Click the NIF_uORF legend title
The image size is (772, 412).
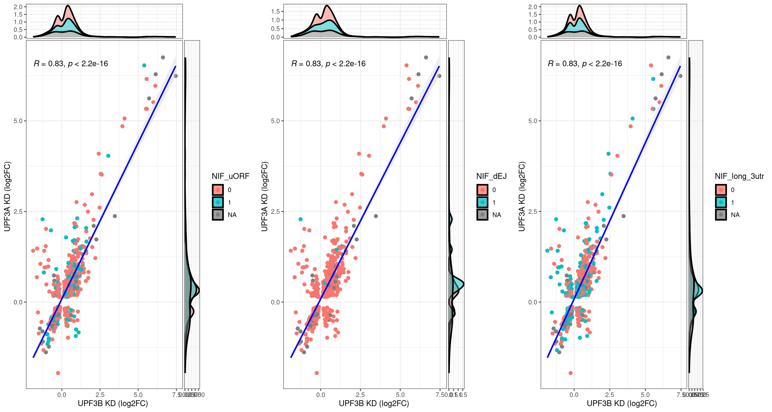click(230, 176)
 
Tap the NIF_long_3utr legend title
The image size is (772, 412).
click(739, 176)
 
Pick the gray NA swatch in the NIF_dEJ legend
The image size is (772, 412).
click(482, 215)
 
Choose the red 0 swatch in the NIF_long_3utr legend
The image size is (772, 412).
click(721, 190)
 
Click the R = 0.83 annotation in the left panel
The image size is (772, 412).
click(71, 64)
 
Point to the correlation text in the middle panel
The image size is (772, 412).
click(328, 64)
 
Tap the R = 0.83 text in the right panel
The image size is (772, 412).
click(585, 64)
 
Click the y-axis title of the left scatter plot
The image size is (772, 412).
click(7, 196)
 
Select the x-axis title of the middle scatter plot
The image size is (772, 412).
click(374, 403)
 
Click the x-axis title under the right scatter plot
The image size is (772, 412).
click(622, 403)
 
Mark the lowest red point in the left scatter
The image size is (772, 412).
click(58, 373)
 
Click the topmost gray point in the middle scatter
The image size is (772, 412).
click(426, 57)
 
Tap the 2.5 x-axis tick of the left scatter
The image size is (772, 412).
click(100, 395)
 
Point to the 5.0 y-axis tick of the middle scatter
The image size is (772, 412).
click(275, 121)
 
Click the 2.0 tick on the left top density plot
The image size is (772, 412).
click(18, 7)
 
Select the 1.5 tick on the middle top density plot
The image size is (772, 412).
click(275, 11)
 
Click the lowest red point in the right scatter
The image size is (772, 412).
click(571, 373)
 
